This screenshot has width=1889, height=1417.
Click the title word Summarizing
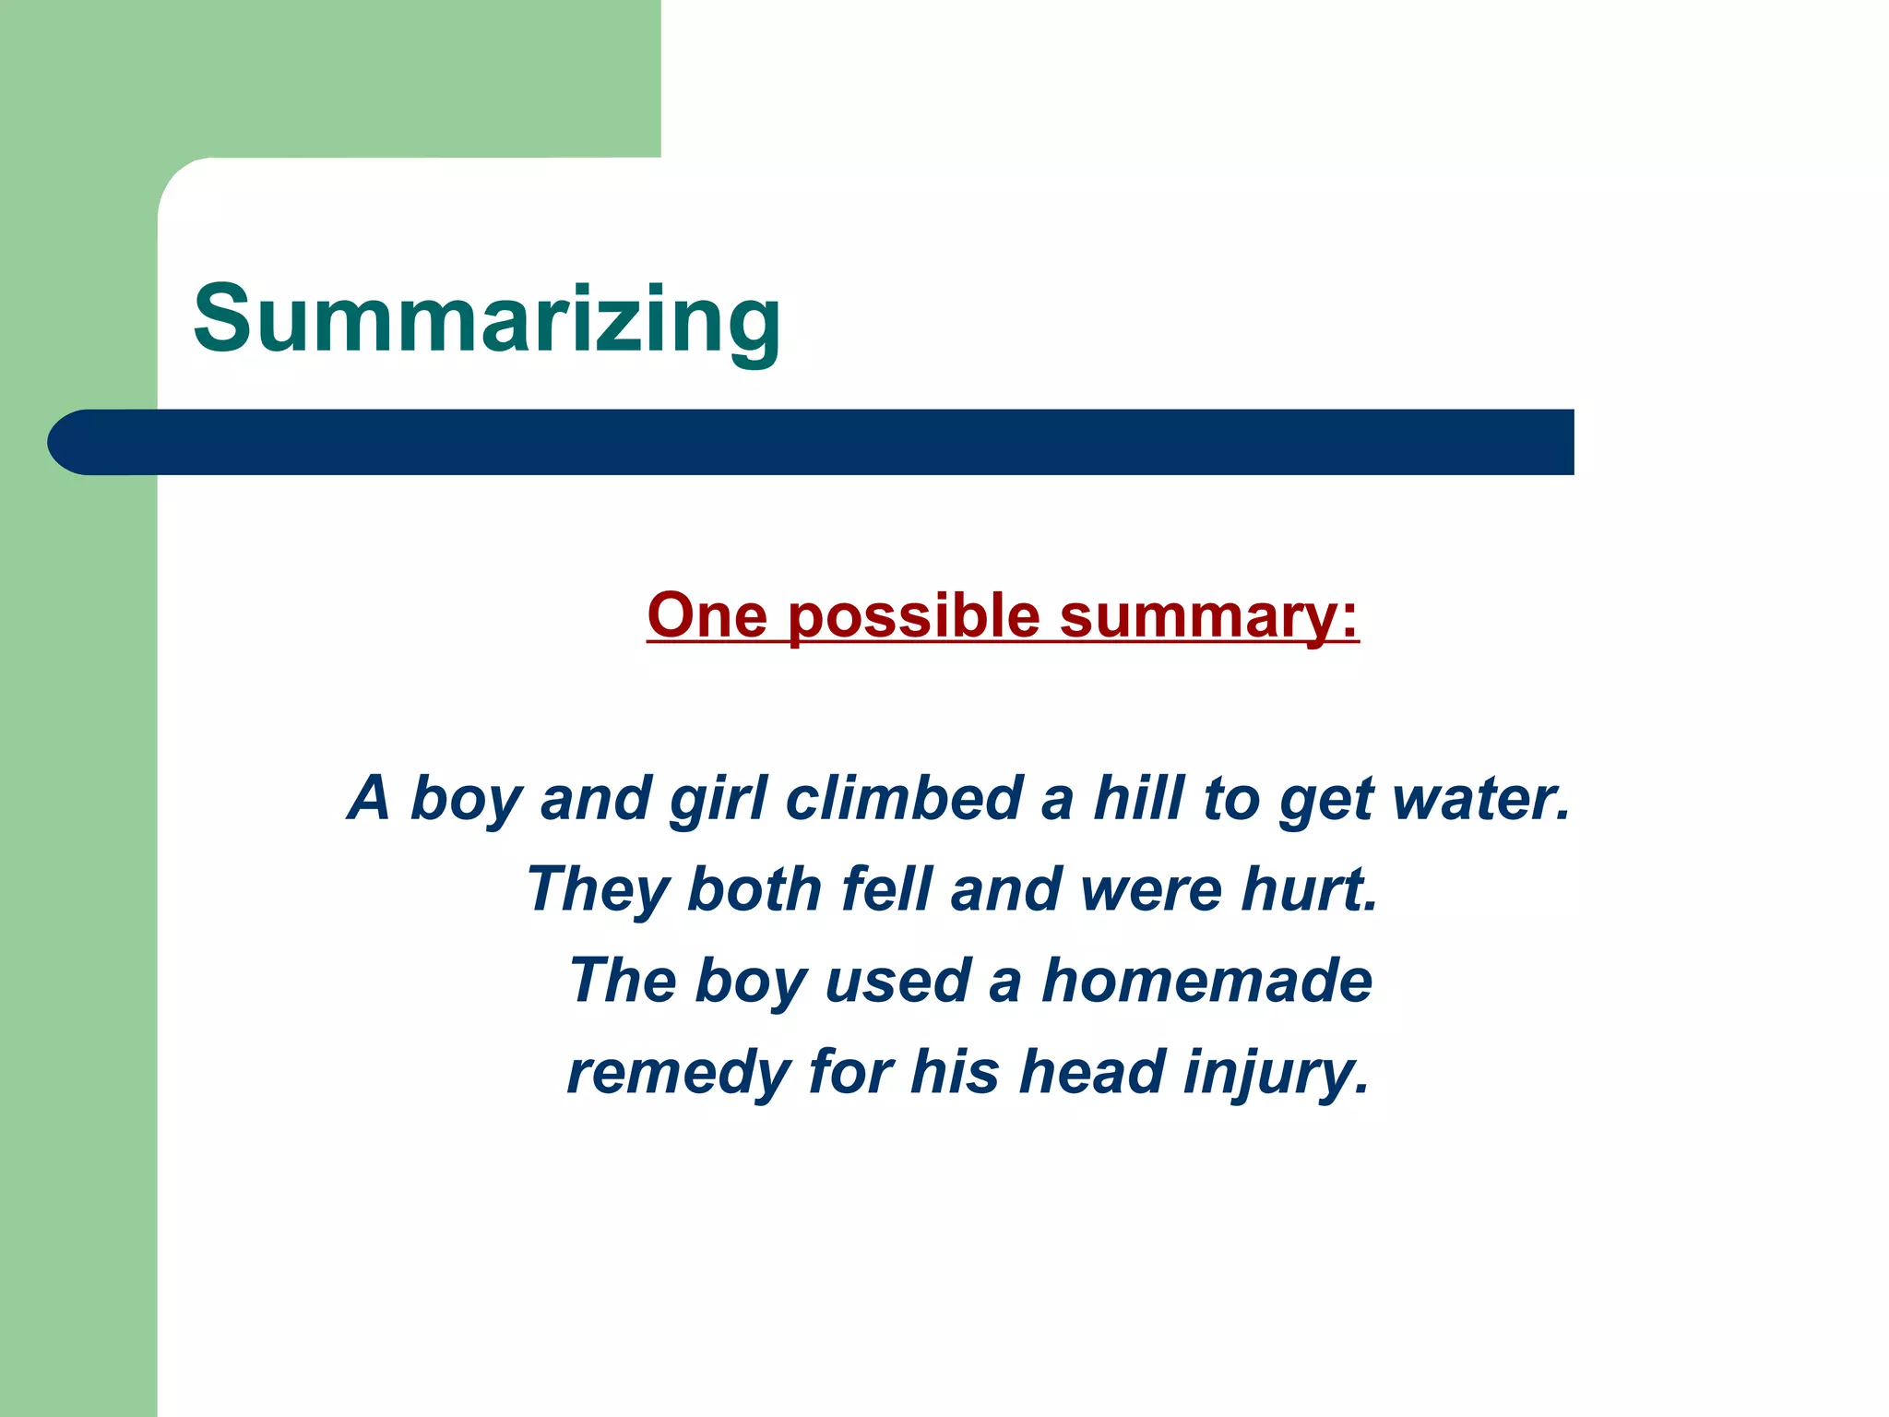click(x=487, y=319)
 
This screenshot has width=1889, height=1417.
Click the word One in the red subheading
click(x=707, y=615)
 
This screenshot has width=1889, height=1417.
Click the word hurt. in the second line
click(x=1310, y=889)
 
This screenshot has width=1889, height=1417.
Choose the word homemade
click(x=1206, y=980)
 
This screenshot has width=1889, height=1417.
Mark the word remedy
click(x=678, y=1074)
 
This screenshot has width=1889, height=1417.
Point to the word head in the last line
click(x=1092, y=1072)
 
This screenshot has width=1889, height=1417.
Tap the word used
click(x=897, y=981)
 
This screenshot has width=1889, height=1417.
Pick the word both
click(x=754, y=889)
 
